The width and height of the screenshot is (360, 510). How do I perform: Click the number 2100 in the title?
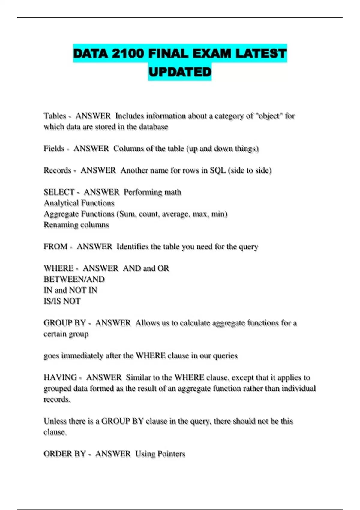point(128,53)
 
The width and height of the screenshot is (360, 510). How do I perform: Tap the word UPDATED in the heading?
point(180,72)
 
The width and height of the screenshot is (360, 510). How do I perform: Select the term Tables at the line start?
point(55,116)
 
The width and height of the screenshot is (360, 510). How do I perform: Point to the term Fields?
point(54,148)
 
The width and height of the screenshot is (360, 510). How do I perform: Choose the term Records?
point(57,170)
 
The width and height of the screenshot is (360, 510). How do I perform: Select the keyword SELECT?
point(59,192)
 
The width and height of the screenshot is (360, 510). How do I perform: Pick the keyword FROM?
point(55,247)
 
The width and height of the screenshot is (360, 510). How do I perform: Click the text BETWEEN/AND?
point(74,279)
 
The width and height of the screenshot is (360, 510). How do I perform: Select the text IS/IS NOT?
point(62,301)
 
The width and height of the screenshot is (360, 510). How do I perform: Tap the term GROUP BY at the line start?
point(65,323)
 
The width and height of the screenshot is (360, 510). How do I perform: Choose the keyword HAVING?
point(60,377)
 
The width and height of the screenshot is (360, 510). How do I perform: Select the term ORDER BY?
point(65,454)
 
